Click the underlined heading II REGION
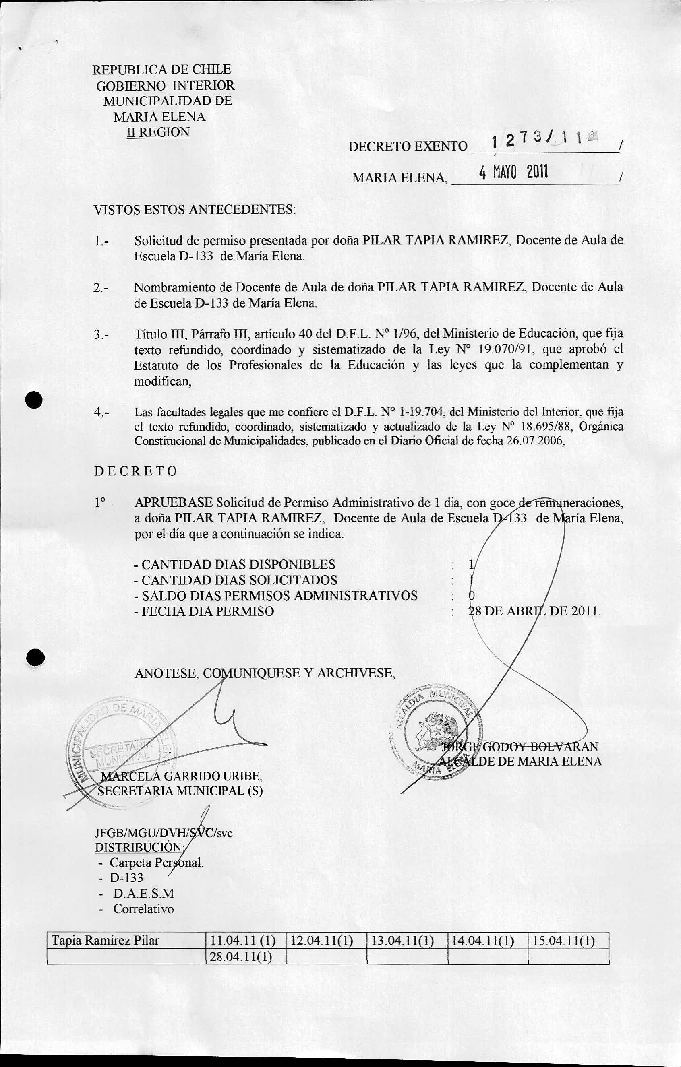click(158, 132)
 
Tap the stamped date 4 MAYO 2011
click(513, 171)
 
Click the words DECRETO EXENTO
click(408, 146)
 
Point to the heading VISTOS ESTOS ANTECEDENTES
click(195, 209)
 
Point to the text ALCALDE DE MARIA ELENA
click(520, 761)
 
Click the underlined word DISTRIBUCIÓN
click(139, 847)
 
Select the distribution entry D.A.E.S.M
click(143, 893)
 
